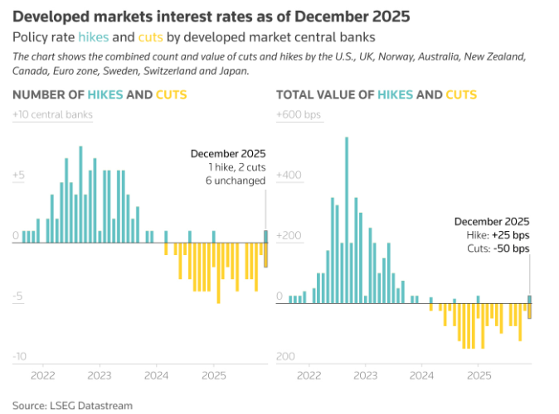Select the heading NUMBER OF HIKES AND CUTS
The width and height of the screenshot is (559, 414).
click(x=95, y=94)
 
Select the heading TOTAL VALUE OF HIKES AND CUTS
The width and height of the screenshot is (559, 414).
click(x=377, y=94)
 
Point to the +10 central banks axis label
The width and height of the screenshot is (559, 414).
click(x=53, y=114)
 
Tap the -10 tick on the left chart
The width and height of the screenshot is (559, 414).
click(x=20, y=356)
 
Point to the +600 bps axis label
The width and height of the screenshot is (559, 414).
click(x=298, y=114)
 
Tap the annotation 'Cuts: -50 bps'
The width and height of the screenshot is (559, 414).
click(x=498, y=249)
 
